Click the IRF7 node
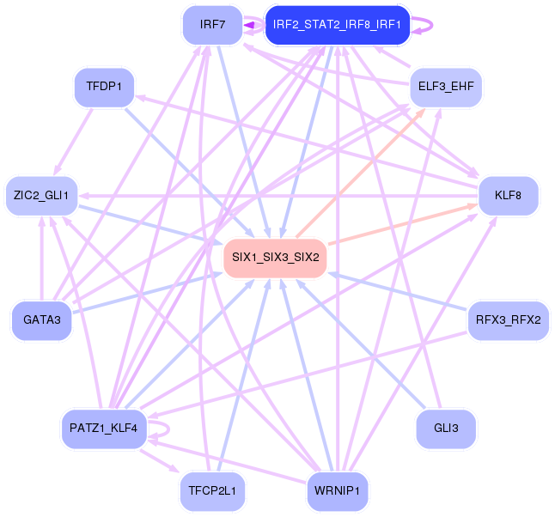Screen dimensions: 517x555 [212, 25]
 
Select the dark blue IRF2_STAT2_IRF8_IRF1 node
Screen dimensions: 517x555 [337, 25]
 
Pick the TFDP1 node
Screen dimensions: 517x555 [104, 87]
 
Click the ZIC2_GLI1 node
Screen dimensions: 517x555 [41, 197]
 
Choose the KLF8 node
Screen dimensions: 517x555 [508, 197]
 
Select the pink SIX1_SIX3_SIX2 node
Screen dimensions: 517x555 [275, 258]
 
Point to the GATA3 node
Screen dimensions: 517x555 [41, 319]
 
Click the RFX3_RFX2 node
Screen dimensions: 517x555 [508, 319]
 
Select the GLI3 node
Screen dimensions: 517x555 [446, 428]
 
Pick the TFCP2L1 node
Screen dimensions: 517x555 [212, 491]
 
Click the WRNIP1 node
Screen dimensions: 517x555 [337, 491]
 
